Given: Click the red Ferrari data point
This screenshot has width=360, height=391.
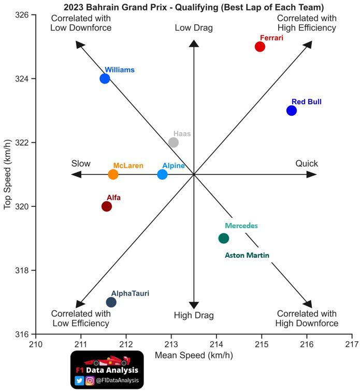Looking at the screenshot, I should coord(260,47).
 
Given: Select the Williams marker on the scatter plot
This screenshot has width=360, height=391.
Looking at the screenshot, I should coord(105,79).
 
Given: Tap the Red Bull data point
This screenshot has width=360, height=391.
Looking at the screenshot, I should coord(292,110).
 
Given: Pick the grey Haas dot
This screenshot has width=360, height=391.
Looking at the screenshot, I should coord(174,143).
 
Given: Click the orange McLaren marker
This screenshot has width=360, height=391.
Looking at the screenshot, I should coord(113,174).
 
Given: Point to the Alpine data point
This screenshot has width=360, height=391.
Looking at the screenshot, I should coord(162,174).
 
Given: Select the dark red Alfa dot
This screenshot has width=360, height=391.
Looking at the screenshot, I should coord(107,206).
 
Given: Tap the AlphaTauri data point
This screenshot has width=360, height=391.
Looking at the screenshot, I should coord(111,302).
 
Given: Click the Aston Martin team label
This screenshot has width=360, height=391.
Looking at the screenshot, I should coord(247,255).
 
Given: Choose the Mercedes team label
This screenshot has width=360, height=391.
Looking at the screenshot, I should coord(241,226).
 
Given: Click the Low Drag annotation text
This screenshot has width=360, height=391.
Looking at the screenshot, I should coord(194,28).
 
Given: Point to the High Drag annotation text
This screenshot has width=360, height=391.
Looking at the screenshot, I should coord(194,315).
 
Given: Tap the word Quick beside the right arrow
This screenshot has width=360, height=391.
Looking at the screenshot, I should coord(307,164).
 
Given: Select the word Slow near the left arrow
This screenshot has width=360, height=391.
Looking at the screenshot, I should coord(81,164).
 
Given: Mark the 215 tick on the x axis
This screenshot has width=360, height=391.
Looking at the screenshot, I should coord(262,344).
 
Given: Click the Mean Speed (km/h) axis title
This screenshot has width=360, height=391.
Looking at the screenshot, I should coord(194,355).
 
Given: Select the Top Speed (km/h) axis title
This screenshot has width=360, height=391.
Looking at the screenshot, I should coord(8,174).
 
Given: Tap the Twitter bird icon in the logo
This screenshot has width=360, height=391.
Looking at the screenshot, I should coord(80,381).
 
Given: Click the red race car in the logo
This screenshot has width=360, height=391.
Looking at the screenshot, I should coord(107,360).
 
